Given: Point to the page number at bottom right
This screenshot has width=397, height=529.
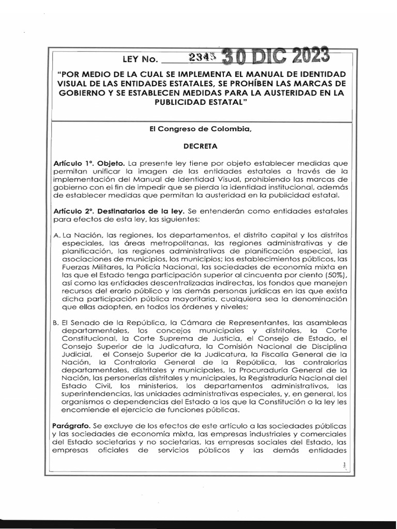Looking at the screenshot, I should pos(343,466).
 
